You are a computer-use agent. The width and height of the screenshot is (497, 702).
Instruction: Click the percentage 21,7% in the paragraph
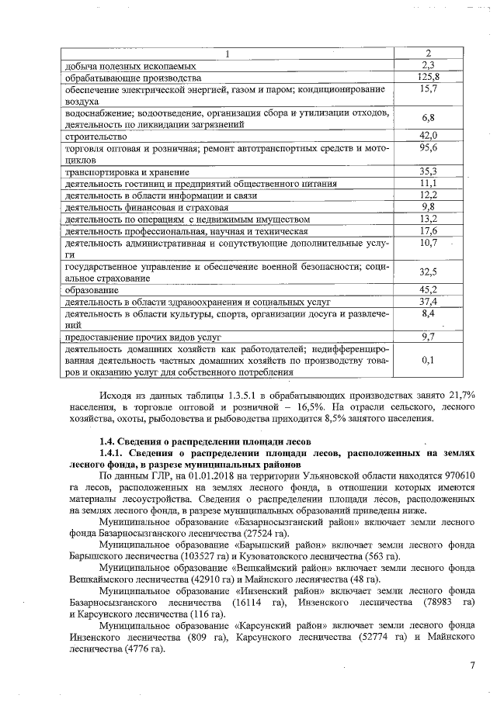461,396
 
